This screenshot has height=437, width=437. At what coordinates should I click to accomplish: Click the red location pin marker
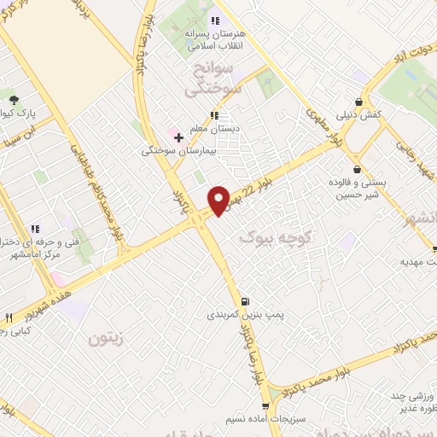coord(219,200)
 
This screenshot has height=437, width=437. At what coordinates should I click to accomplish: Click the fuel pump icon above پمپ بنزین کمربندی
coord(246,300)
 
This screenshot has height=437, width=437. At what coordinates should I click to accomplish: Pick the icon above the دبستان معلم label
coord(214,114)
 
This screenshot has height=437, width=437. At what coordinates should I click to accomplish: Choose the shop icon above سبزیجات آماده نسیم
coord(265,406)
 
